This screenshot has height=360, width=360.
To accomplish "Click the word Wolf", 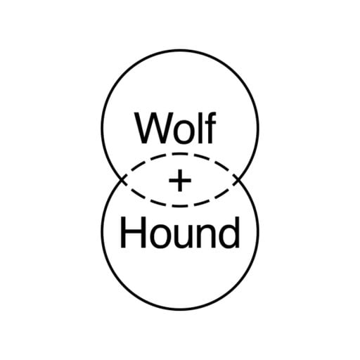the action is coord(175,129).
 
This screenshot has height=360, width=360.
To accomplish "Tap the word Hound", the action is coord(180,233).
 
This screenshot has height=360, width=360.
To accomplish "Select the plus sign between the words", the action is coord(180,180).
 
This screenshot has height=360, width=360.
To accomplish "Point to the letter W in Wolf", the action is coord(153,129).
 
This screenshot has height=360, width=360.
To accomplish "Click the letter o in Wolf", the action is coord(185,133).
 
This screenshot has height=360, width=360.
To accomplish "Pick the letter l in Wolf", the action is coord(201,129).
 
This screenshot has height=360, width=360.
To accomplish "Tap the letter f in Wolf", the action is coord(211,128).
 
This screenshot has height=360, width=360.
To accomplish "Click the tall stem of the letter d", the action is coord(238,232).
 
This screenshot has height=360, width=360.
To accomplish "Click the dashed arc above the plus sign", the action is coord(180,154).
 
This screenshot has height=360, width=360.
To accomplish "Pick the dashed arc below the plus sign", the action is coord(180,206).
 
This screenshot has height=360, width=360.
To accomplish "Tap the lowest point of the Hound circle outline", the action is coord(180,310).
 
